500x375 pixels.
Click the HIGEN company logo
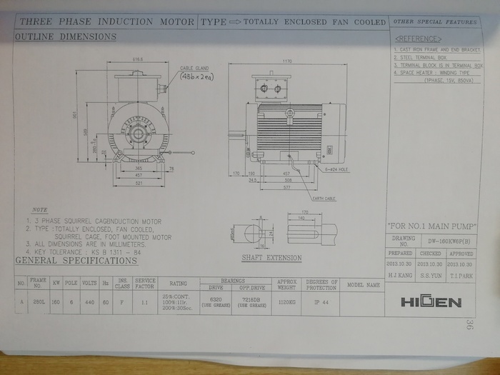point(431,301)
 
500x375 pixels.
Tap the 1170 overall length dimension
point(288,62)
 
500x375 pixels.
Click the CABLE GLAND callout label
point(193,67)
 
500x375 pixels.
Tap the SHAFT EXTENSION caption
point(271,258)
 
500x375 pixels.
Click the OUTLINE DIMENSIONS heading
point(66,36)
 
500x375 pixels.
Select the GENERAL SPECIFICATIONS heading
point(77,261)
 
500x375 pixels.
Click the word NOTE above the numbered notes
point(40,210)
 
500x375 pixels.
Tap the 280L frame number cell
point(39,301)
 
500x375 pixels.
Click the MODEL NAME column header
point(363,284)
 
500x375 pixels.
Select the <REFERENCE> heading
point(419,39)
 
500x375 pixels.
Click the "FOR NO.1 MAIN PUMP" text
point(432,226)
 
